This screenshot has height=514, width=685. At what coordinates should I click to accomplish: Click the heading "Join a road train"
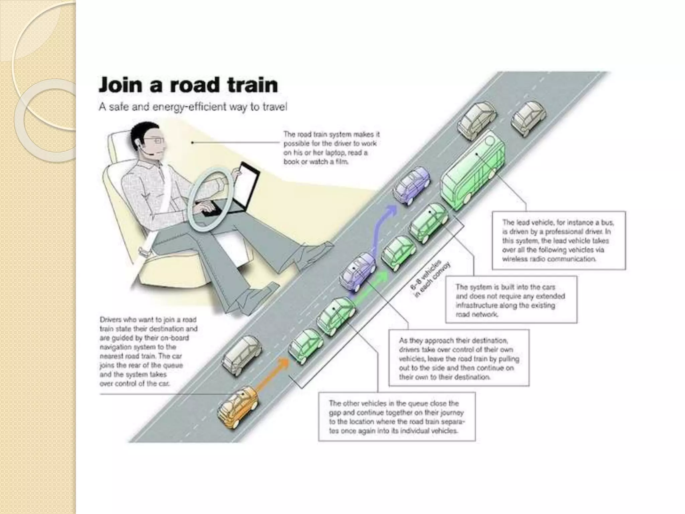point(188,85)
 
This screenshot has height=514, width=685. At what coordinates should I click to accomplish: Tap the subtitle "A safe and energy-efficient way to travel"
point(193,107)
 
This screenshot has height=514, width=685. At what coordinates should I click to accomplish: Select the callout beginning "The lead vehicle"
point(558,240)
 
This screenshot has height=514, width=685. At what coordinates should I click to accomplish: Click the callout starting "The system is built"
point(511,300)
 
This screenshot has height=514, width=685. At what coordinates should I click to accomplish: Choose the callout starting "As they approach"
point(459,358)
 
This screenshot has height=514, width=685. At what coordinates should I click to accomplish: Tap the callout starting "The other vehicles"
point(397,417)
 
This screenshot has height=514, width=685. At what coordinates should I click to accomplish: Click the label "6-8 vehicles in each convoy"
point(430,278)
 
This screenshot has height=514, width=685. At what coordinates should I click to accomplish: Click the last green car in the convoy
point(305,346)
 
